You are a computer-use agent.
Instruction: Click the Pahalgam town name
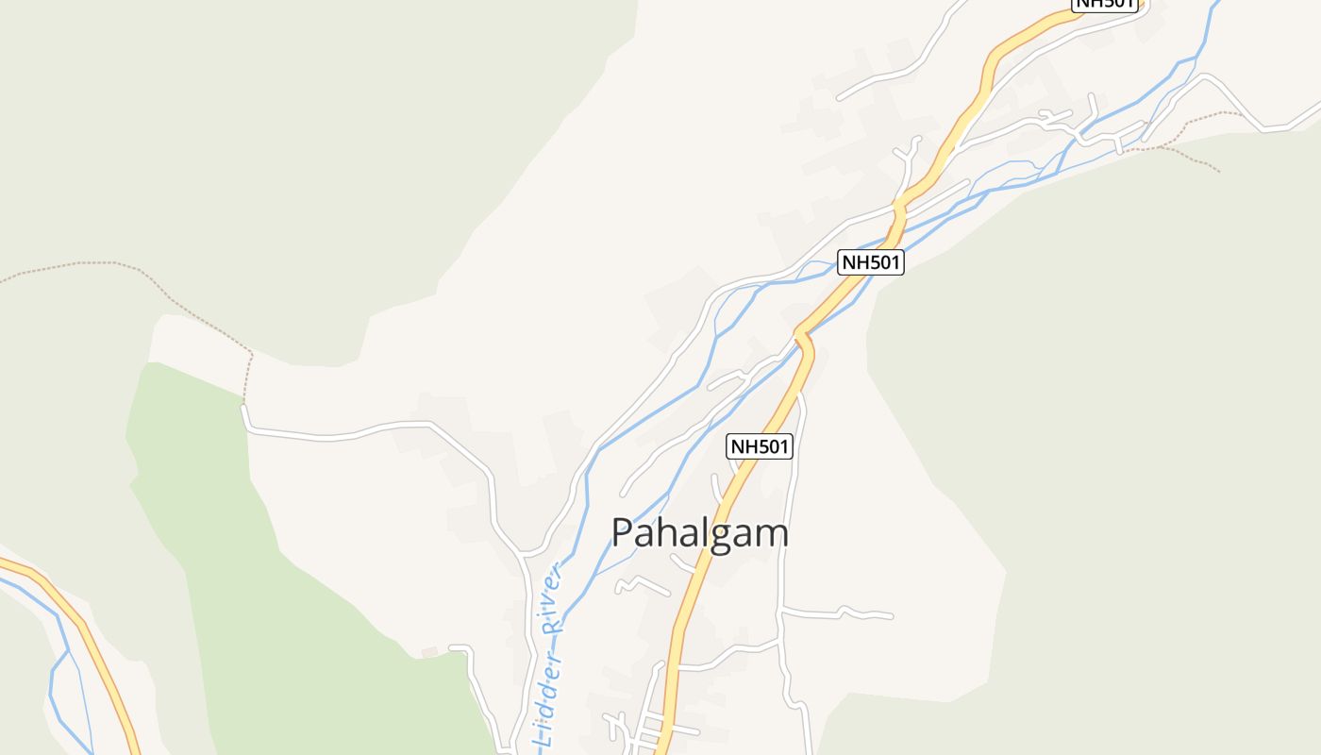tap(699, 533)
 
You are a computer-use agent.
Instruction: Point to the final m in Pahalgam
tap(771, 535)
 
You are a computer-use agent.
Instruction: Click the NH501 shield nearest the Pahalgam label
tap(760, 446)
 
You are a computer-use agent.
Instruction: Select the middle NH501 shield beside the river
tap(871, 262)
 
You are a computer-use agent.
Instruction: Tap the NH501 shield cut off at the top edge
tap(1105, 4)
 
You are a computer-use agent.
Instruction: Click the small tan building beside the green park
tap(429, 652)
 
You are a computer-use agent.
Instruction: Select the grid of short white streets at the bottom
tap(642, 729)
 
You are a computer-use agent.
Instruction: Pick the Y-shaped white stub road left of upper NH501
tap(908, 156)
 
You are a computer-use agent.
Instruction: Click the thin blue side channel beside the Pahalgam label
tap(613, 566)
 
